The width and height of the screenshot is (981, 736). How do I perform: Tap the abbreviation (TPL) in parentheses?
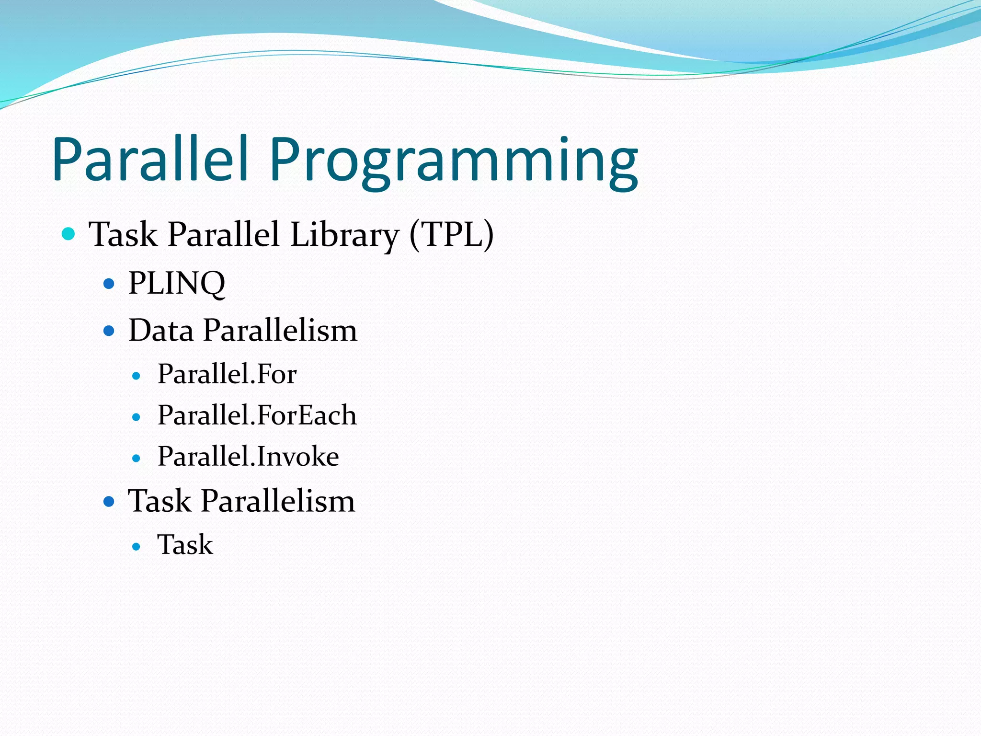click(451, 234)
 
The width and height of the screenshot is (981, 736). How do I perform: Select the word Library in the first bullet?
click(344, 234)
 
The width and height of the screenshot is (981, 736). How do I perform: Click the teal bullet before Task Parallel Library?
click(69, 234)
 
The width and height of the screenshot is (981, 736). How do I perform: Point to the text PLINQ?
click(177, 283)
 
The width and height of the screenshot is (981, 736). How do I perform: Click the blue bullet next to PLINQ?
click(109, 284)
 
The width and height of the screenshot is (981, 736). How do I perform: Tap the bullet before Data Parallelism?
click(109, 331)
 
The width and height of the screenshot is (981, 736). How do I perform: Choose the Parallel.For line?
click(227, 374)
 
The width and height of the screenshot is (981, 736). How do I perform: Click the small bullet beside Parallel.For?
click(137, 376)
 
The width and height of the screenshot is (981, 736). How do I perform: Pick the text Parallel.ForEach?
click(257, 415)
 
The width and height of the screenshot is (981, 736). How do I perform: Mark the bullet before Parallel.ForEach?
click(137, 417)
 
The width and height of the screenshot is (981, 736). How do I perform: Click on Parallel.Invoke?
click(248, 456)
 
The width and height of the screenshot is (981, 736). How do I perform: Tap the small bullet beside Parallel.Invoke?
click(137, 459)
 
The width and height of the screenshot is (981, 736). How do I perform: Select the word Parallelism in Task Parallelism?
click(278, 501)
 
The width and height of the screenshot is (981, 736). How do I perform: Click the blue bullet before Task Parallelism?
click(109, 502)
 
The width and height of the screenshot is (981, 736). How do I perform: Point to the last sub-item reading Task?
click(185, 545)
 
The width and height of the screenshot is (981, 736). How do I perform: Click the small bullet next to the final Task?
click(137, 547)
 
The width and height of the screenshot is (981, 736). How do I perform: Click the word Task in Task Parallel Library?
click(123, 234)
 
